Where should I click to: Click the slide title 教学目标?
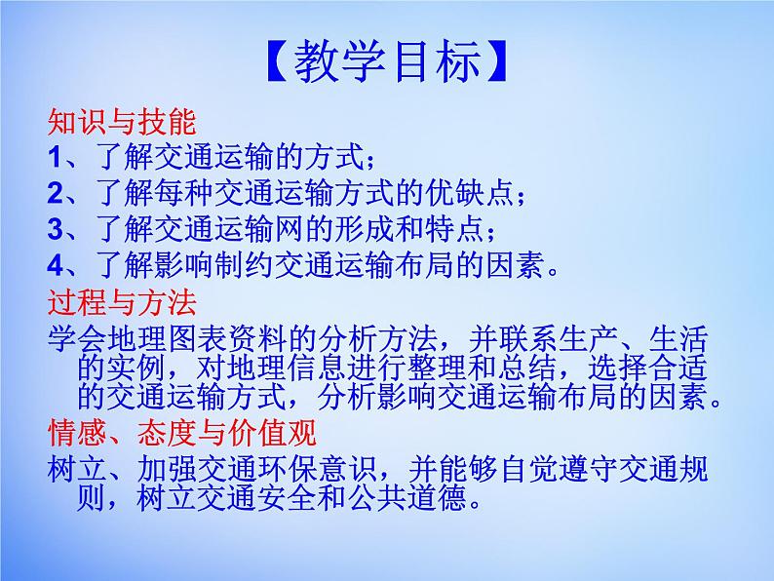pos(388,61)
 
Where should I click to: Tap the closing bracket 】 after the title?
pos(497,61)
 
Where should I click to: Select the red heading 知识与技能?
pos(122,122)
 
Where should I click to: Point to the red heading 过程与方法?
pos(122,302)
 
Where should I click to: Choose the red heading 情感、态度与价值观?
pos(182,433)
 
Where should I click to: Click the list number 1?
pos(55,158)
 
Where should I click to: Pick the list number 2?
pos(56,193)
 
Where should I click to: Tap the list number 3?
pos(56,229)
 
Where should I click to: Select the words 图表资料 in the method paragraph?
pos(228,339)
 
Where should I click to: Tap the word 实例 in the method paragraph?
pos(135,368)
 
